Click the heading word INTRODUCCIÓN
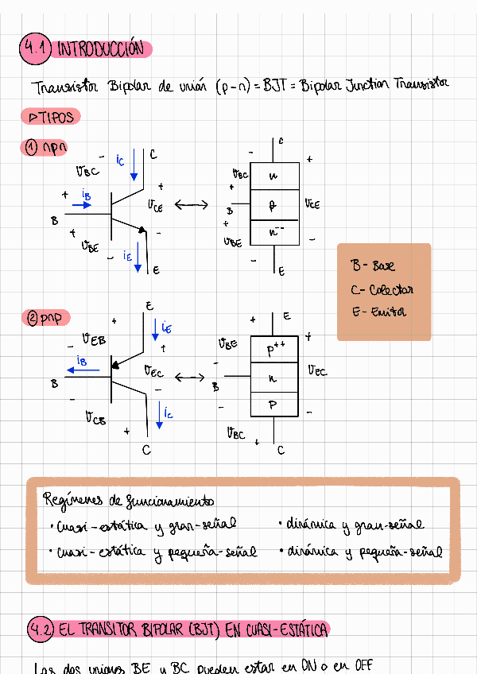(101, 49)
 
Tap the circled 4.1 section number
(35, 49)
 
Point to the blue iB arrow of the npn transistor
(82, 204)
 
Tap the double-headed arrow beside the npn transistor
(191, 205)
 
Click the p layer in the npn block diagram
(274, 205)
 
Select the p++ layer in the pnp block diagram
(274, 350)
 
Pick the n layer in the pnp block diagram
(274, 378)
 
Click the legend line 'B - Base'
(373, 266)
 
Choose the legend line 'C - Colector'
(382, 289)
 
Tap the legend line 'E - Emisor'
(378, 312)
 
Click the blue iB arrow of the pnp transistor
(84, 370)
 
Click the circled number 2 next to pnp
(33, 318)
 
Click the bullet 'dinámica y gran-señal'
(354, 525)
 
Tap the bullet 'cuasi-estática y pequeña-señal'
(156, 552)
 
